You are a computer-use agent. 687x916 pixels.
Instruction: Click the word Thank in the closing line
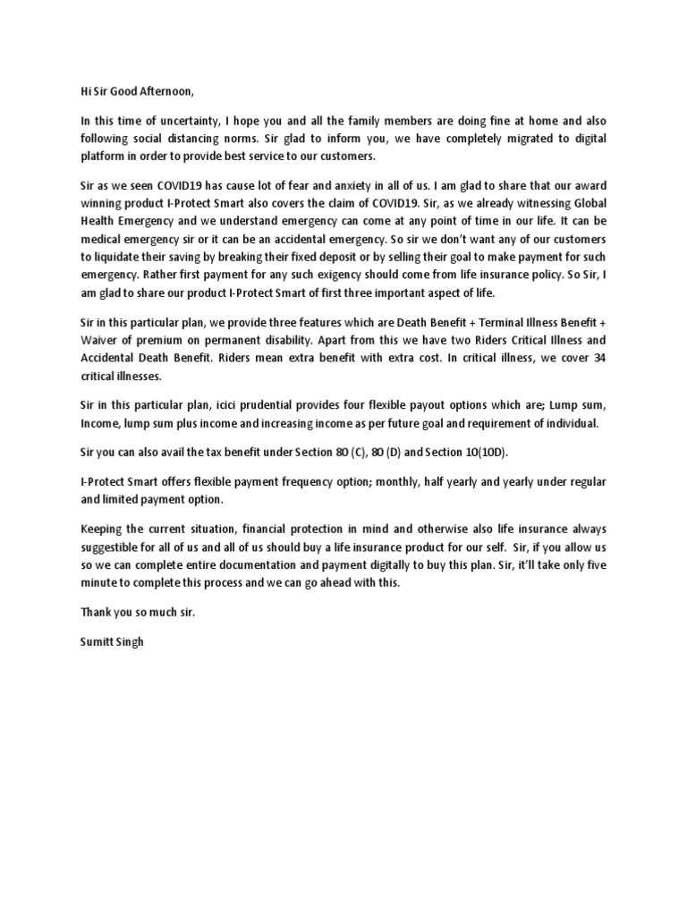96,614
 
